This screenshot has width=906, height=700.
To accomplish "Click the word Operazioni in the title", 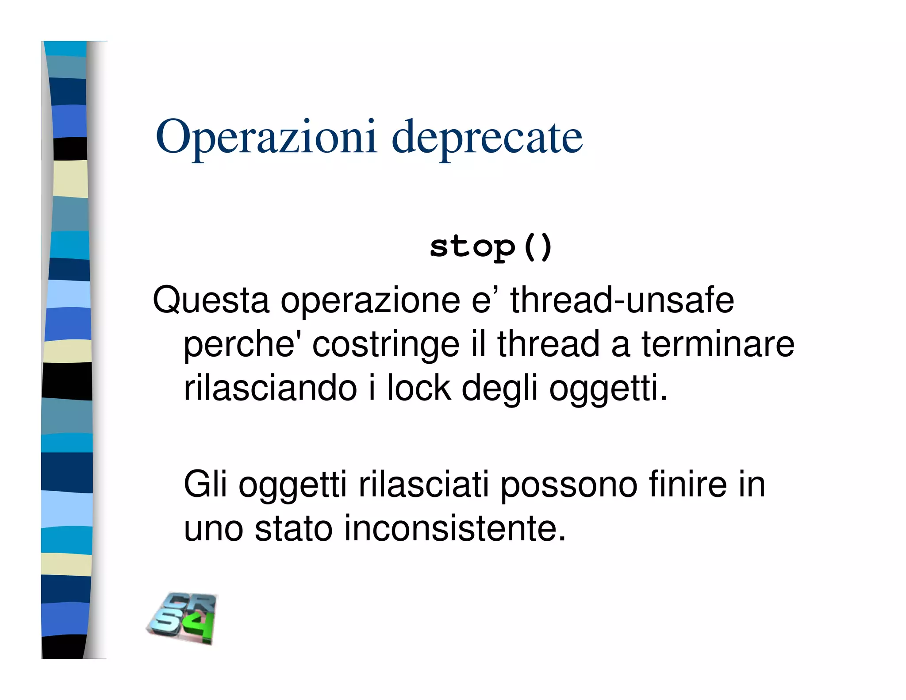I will pyautogui.click(x=266, y=137).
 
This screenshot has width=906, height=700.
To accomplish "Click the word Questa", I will pyautogui.click(x=211, y=300).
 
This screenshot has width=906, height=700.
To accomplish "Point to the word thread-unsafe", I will pyautogui.click(x=622, y=300).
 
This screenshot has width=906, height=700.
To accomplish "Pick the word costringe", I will pyautogui.click(x=386, y=345).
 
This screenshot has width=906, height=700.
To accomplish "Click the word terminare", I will pyautogui.click(x=718, y=344).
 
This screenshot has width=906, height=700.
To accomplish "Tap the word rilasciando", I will pyautogui.click(x=270, y=388).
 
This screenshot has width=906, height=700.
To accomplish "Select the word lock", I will pyautogui.click(x=419, y=388).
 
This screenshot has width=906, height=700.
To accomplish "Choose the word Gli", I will pyautogui.click(x=205, y=485).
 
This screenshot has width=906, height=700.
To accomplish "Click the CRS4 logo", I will pyautogui.click(x=182, y=618).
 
